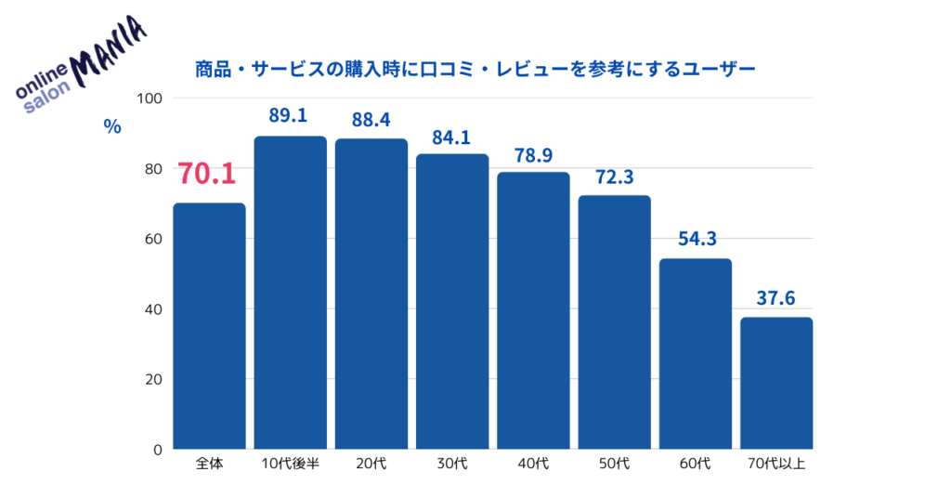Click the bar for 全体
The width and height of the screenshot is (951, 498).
[209, 326]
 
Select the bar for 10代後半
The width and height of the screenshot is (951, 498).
[290, 293]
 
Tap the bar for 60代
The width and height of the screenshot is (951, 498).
[696, 354]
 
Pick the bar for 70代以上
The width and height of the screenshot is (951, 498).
[776, 383]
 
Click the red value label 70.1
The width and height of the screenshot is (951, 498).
[207, 174]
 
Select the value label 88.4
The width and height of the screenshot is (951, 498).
[371, 119]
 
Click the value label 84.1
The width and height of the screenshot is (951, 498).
[451, 135]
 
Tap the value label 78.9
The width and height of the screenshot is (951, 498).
[533, 154]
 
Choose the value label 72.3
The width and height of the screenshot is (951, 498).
[614, 177]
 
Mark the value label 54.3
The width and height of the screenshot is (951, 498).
[696, 239]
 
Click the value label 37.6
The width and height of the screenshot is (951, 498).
[776, 298]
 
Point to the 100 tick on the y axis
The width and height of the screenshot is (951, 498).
[150, 98]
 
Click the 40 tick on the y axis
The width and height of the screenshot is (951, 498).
[153, 309]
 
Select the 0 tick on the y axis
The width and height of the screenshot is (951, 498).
[158, 450]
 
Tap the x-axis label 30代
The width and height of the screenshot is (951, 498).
[451, 463]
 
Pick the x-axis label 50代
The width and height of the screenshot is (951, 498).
[614, 463]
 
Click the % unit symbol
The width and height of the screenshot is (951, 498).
[112, 127]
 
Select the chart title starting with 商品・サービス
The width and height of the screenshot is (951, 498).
[475, 69]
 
